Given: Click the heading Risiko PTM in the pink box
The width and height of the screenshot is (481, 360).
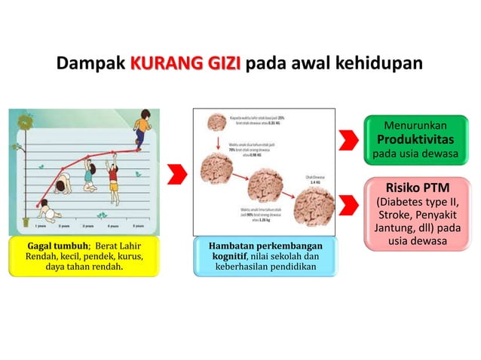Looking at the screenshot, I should click(x=417, y=187).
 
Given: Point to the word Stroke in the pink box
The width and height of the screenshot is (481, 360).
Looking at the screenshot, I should click(x=394, y=215).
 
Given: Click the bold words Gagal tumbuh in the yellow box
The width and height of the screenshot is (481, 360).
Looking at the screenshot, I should click(x=59, y=246).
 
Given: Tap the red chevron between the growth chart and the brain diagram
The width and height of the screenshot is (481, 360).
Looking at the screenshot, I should click(x=176, y=174).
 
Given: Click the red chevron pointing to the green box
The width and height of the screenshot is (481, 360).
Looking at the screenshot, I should click(x=348, y=139).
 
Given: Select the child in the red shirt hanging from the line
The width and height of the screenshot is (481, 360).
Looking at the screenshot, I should click(x=114, y=176).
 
